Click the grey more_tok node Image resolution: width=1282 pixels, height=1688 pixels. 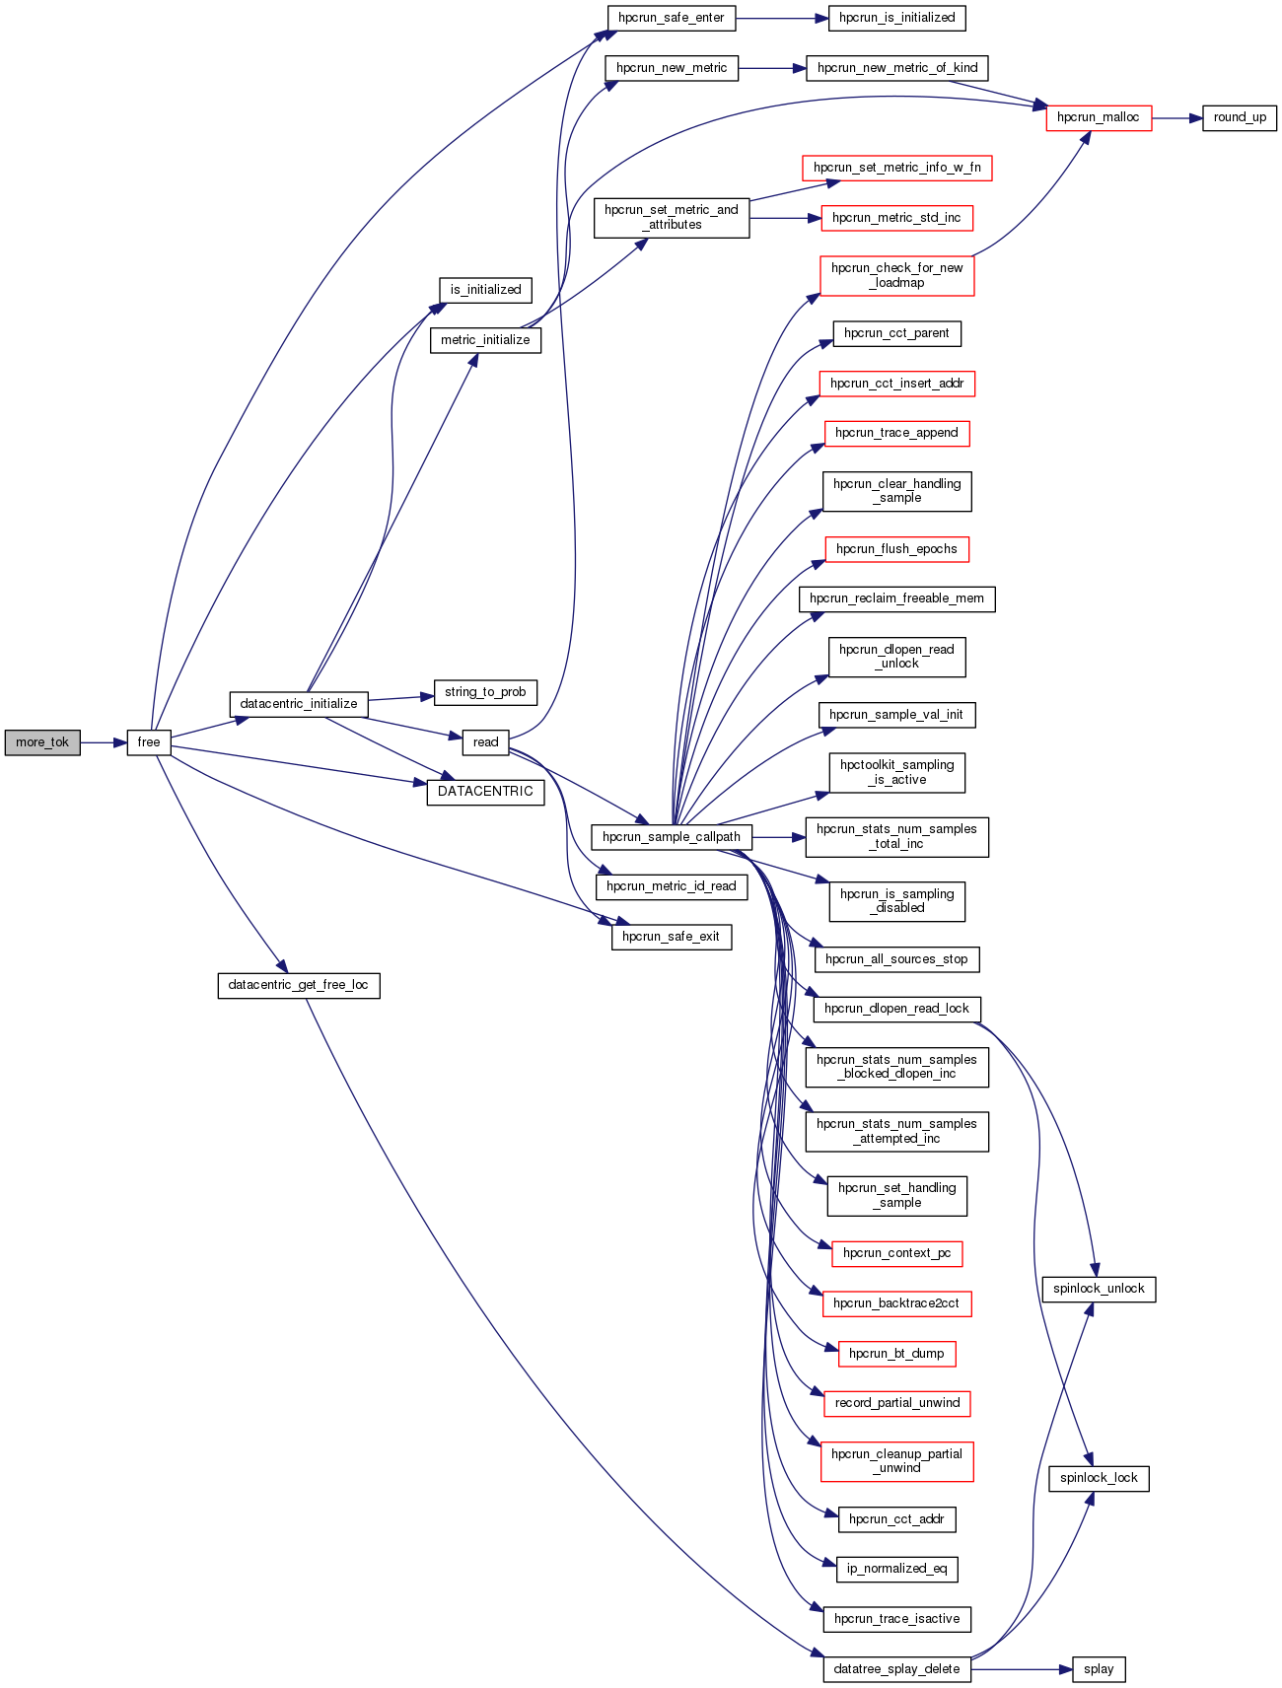(42, 742)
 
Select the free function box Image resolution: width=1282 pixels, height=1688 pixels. (149, 742)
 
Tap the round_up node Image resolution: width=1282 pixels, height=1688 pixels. (1240, 117)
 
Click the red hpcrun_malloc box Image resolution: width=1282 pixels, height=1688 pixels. (1098, 117)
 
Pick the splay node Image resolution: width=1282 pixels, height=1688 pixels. (1099, 1669)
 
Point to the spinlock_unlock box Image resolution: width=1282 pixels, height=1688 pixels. (1099, 1289)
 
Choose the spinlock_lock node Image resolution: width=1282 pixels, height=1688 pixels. (1099, 1478)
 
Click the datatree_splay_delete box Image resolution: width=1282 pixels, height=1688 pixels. (896, 1669)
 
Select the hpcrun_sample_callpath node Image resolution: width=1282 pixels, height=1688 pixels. (672, 837)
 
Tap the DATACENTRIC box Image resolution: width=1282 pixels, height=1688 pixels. (485, 792)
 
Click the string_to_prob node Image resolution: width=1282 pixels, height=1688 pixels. (485, 692)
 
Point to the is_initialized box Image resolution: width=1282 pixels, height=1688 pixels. (485, 290)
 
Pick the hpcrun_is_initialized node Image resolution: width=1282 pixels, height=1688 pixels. (897, 18)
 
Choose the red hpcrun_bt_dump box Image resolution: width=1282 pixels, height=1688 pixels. (896, 1354)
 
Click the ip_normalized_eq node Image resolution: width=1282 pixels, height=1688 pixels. (896, 1569)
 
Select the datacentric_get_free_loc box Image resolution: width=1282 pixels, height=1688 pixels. (298, 985)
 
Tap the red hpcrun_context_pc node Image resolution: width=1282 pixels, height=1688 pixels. (896, 1253)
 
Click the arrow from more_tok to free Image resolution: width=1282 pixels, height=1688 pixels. (104, 742)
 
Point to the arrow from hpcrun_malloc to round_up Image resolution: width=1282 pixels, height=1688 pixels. (1176, 117)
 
